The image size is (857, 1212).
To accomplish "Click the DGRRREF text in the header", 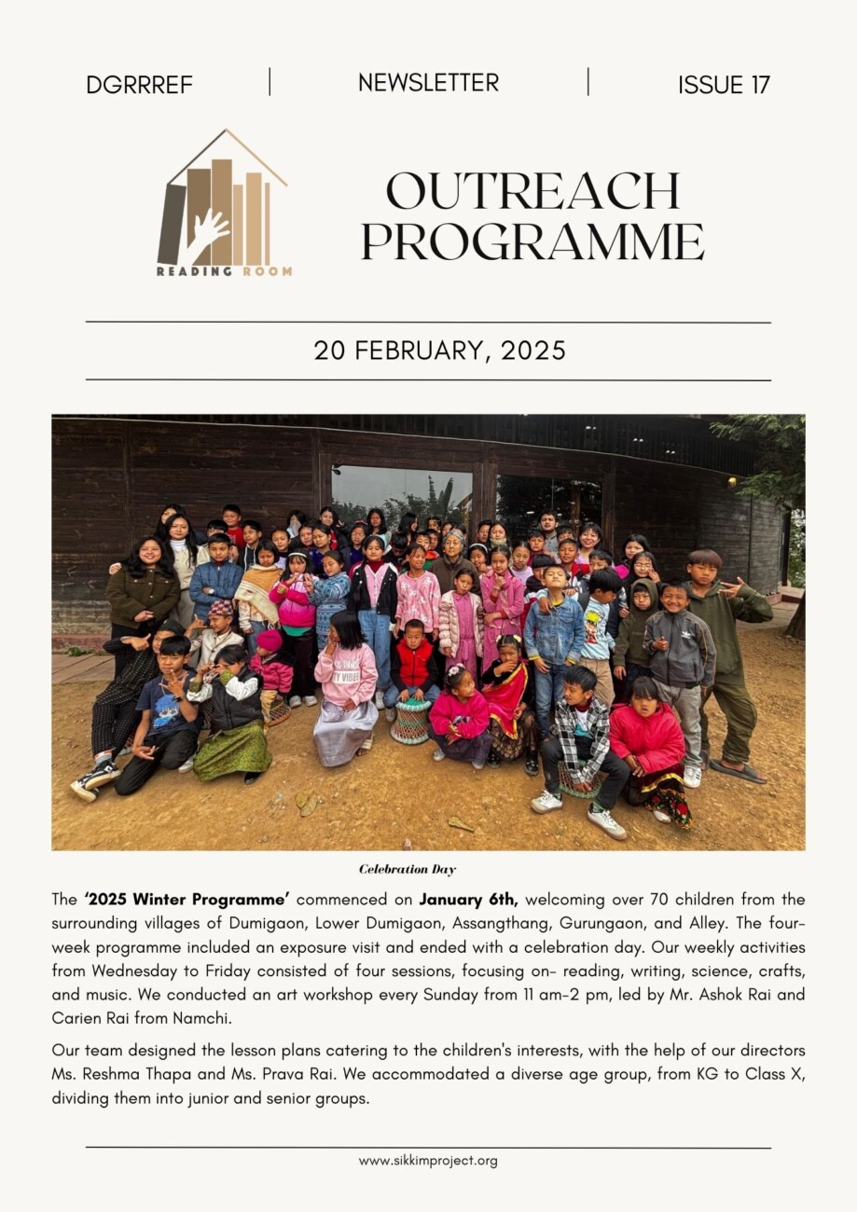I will [x=139, y=85].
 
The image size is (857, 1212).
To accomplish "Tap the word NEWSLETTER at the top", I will [x=428, y=82].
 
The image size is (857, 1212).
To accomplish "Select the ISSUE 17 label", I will [x=724, y=85].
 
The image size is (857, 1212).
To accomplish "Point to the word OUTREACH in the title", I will [x=532, y=192].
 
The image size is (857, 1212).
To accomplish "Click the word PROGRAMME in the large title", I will [x=532, y=241].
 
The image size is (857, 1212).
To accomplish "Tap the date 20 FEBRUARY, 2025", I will [x=439, y=351].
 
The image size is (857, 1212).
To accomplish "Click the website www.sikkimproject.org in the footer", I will [x=428, y=1161].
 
